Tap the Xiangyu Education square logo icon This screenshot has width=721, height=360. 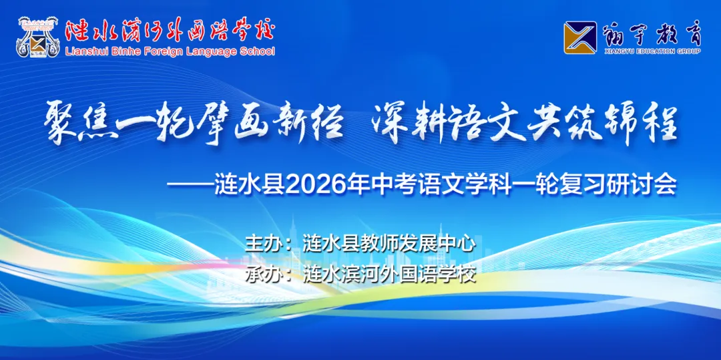pyautogui.click(x=579, y=37)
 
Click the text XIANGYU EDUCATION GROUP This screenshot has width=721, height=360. pyautogui.click(x=651, y=51)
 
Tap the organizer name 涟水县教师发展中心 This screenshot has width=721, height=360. pyautogui.click(x=389, y=242)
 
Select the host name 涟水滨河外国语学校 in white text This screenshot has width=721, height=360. pyautogui.click(x=389, y=274)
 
